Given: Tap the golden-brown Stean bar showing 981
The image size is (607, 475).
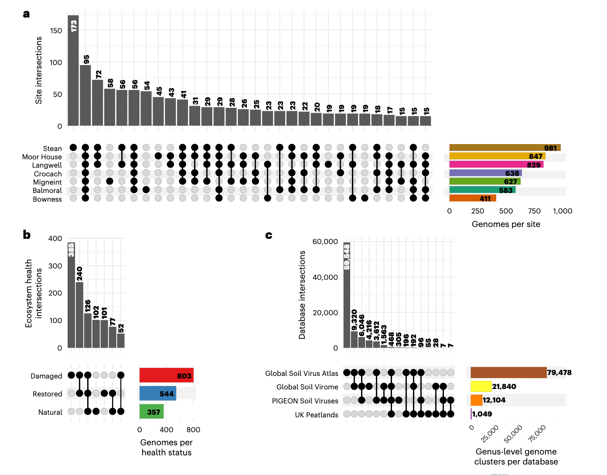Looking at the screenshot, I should [505, 148].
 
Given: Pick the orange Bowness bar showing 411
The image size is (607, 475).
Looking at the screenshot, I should [472, 198].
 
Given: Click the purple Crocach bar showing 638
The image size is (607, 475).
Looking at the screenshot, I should [485, 173].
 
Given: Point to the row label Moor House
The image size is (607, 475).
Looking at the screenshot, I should [42, 157].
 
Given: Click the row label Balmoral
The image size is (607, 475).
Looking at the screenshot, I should [47, 190].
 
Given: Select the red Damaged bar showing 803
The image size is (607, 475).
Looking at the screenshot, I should [166, 375].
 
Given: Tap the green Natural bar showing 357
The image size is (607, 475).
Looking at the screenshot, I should [151, 411].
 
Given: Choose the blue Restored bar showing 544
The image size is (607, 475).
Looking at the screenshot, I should [157, 393].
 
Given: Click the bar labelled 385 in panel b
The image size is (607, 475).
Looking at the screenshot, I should [71, 295].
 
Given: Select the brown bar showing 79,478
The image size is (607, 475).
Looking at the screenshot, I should [508, 372].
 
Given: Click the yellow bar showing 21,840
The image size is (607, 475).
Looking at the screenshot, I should [481, 386].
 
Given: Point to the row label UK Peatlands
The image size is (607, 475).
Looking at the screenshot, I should [316, 415].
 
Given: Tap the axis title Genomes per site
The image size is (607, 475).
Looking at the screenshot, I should [506, 224].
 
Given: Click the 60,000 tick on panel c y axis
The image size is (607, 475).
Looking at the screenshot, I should [325, 241].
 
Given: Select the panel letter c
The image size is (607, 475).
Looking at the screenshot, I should [269, 235].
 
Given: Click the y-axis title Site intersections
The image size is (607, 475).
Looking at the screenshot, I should [39, 70].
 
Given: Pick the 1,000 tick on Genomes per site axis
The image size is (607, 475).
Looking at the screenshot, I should [562, 211].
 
